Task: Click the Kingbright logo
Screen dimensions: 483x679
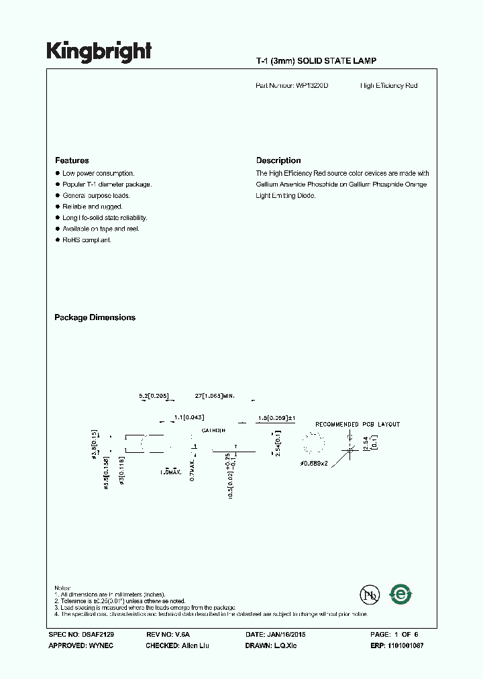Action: click(99, 52)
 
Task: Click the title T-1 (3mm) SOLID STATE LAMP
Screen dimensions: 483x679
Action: click(316, 61)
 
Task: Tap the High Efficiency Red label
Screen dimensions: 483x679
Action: click(388, 86)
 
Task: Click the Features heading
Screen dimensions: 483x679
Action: click(72, 160)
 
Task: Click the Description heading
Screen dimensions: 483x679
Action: click(278, 160)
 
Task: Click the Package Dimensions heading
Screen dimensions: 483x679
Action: click(95, 317)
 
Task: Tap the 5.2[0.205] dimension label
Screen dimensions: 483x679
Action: click(153, 397)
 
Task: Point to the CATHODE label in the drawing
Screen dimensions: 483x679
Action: click(213, 429)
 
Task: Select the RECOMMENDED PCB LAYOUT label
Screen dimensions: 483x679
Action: click(358, 424)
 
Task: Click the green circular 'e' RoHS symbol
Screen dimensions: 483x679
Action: click(401, 594)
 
